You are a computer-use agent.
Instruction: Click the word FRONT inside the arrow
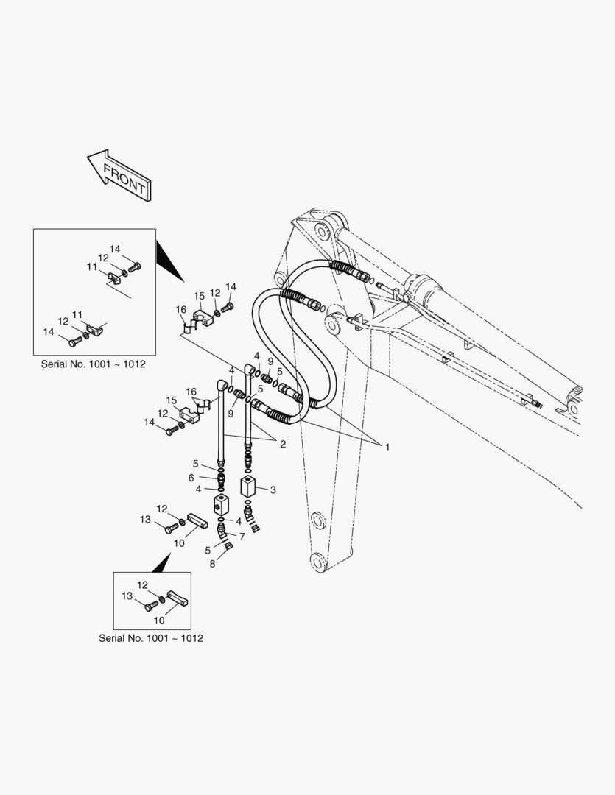point(124,180)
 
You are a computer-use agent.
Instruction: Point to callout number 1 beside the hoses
point(387,447)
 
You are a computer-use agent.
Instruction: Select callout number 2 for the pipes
point(282,443)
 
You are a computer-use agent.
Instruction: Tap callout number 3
point(273,489)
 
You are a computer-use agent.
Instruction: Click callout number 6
point(191,477)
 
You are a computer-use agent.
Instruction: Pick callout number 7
point(242,536)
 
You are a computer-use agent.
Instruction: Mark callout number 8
point(212,564)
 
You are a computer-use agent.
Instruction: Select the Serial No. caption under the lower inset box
point(151,637)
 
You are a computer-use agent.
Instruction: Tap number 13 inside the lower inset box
point(127,596)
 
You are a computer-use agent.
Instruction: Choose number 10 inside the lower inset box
point(158,621)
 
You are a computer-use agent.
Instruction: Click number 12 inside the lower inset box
point(142,584)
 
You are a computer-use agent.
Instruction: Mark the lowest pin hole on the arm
point(317,561)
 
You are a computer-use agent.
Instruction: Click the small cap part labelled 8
point(228,545)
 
